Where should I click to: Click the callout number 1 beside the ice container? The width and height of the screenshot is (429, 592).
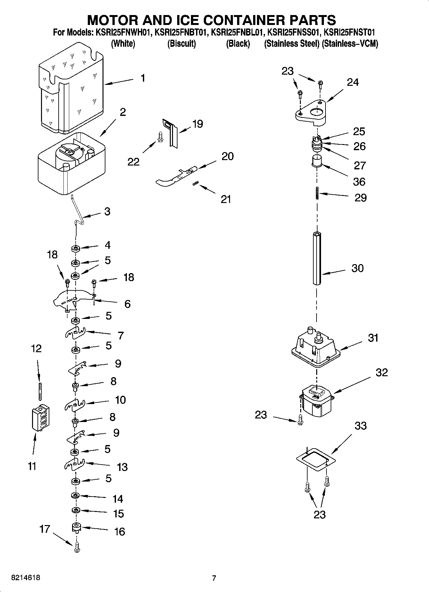pos(143,78)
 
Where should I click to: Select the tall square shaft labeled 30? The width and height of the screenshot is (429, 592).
pos(317,258)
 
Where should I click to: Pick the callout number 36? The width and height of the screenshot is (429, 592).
pos(359,182)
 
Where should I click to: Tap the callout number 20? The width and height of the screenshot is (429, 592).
pos(227,156)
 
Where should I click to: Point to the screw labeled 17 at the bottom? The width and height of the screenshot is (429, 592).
pos(76,549)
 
